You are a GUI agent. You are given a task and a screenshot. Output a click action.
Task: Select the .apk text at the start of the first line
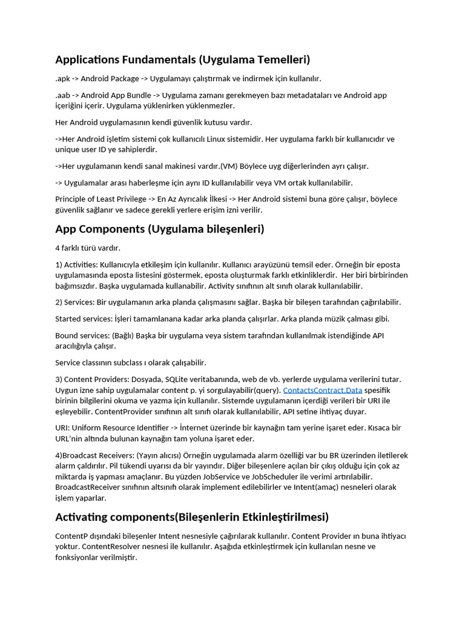click(x=63, y=79)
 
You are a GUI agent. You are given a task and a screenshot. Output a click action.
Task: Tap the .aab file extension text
click(x=63, y=95)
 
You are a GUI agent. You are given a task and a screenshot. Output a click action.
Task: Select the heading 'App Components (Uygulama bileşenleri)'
click(x=160, y=229)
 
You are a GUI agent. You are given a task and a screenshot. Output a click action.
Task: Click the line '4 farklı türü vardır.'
click(x=88, y=248)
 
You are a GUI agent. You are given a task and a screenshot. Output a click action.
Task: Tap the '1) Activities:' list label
click(x=76, y=265)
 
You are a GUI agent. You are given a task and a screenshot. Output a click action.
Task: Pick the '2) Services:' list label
click(x=74, y=302)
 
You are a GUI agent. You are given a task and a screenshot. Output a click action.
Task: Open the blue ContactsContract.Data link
click(x=323, y=390)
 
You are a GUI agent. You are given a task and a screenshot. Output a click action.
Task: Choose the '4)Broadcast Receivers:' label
click(x=94, y=455)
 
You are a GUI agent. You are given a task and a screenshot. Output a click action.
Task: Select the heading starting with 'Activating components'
click(x=192, y=517)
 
